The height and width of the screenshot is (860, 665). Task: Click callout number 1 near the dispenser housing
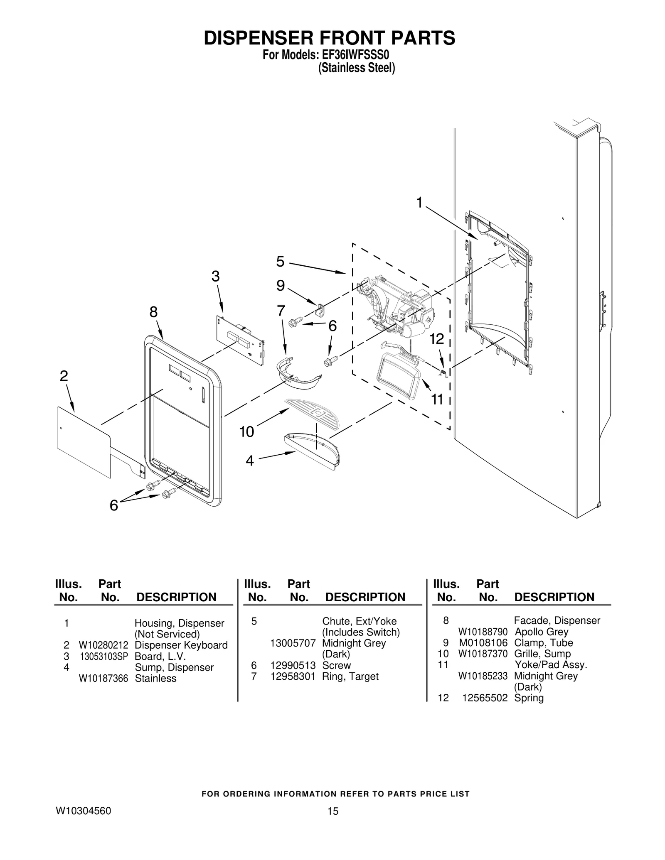[419, 203]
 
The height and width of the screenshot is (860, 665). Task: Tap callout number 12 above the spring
[437, 339]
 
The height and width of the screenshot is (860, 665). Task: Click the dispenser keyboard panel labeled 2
[83, 440]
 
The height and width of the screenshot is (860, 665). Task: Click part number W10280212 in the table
[103, 645]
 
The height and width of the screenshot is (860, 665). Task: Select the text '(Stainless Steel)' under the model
[356, 68]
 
